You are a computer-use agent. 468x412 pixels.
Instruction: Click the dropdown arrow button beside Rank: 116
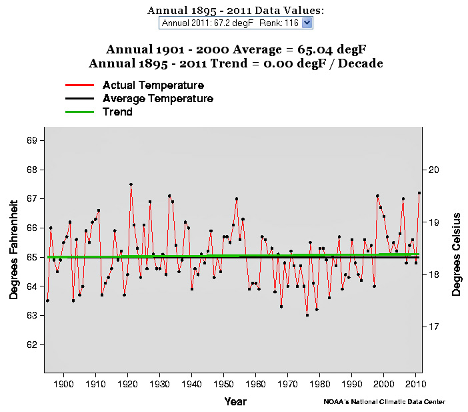pyautogui.click(x=307, y=23)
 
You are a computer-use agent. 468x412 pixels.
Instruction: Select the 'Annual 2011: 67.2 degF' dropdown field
pyautogui.click(x=230, y=23)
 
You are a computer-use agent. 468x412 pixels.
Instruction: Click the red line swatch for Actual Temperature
pyautogui.click(x=79, y=85)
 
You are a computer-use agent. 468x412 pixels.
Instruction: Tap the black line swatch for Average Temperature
pyautogui.click(x=79, y=99)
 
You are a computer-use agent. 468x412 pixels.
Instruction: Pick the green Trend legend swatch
pyautogui.click(x=79, y=112)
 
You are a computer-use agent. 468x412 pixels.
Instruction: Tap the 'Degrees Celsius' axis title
pyautogui.click(x=457, y=254)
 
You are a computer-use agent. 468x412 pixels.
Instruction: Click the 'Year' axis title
pyautogui.click(x=235, y=401)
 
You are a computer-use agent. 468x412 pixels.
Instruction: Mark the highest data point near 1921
pyautogui.click(x=131, y=184)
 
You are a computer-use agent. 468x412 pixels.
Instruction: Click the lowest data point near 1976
pyautogui.click(x=307, y=315)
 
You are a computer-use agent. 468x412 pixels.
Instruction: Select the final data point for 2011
pyautogui.click(x=419, y=193)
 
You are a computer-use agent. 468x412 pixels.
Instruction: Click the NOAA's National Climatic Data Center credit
pyautogui.click(x=385, y=402)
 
